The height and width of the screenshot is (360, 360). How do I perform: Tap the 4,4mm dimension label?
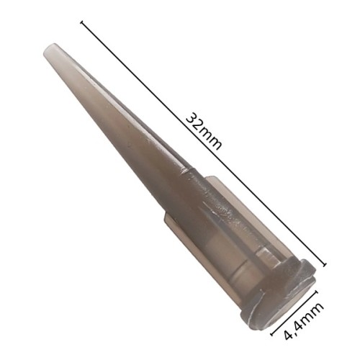click(x=304, y=320)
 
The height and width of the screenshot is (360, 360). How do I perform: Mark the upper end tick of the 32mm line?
click(x=83, y=22)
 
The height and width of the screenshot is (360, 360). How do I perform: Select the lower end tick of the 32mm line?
click(x=325, y=265)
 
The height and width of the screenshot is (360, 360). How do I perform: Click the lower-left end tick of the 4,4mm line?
click(x=273, y=334)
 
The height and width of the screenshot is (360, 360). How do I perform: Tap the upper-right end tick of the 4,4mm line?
click(x=316, y=292)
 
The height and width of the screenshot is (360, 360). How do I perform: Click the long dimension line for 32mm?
click(x=204, y=143)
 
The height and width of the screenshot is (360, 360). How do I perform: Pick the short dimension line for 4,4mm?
click(x=294, y=312)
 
